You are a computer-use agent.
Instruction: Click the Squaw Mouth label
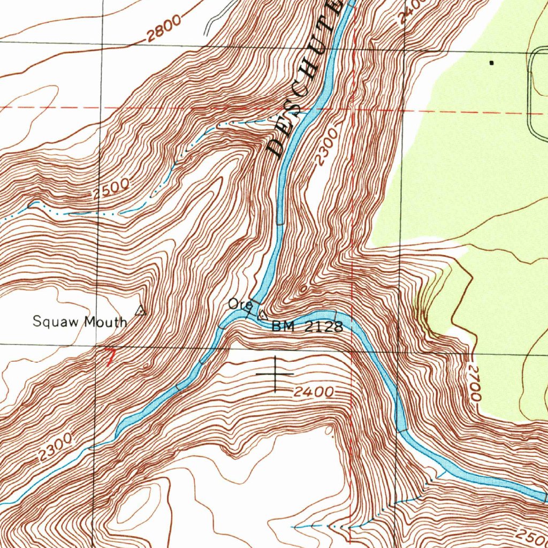[x=80, y=322]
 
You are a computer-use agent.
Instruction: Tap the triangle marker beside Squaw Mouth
[x=140, y=310]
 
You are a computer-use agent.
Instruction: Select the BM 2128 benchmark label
[x=307, y=326]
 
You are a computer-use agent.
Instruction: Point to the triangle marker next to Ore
[x=262, y=315]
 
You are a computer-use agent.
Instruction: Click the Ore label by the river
[x=239, y=305]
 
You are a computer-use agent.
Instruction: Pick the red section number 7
[x=110, y=357]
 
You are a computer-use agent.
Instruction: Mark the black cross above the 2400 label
[x=275, y=373]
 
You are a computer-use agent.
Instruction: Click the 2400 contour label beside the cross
[x=314, y=392]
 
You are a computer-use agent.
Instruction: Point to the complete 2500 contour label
[x=111, y=189]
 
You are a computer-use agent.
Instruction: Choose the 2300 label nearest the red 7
[x=55, y=447]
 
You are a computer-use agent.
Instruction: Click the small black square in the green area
[x=491, y=63]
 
